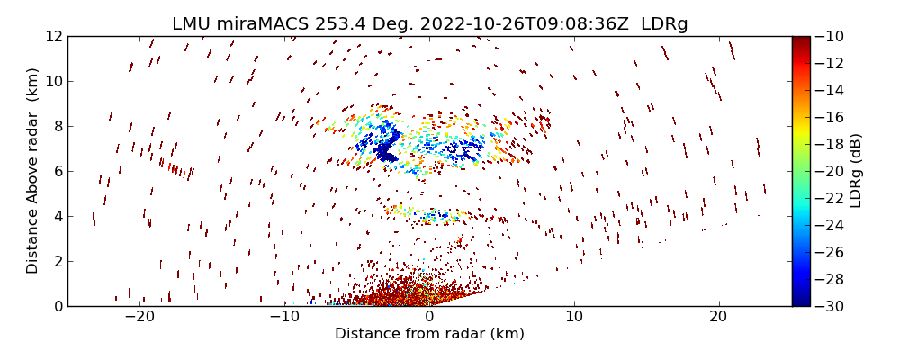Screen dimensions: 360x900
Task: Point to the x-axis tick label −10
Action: pyautogui.click(x=284, y=317)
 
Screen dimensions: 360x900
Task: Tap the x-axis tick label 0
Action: pyautogui.click(x=429, y=317)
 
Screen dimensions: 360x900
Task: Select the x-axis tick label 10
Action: pyautogui.click(x=574, y=317)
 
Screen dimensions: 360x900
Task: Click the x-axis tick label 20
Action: pyautogui.click(x=718, y=317)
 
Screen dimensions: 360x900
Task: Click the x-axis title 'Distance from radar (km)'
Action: pyautogui.click(x=429, y=334)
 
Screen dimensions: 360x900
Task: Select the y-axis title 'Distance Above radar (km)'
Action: pyautogui.click(x=33, y=171)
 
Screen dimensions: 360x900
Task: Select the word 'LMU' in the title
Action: pyautogui.click(x=192, y=24)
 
